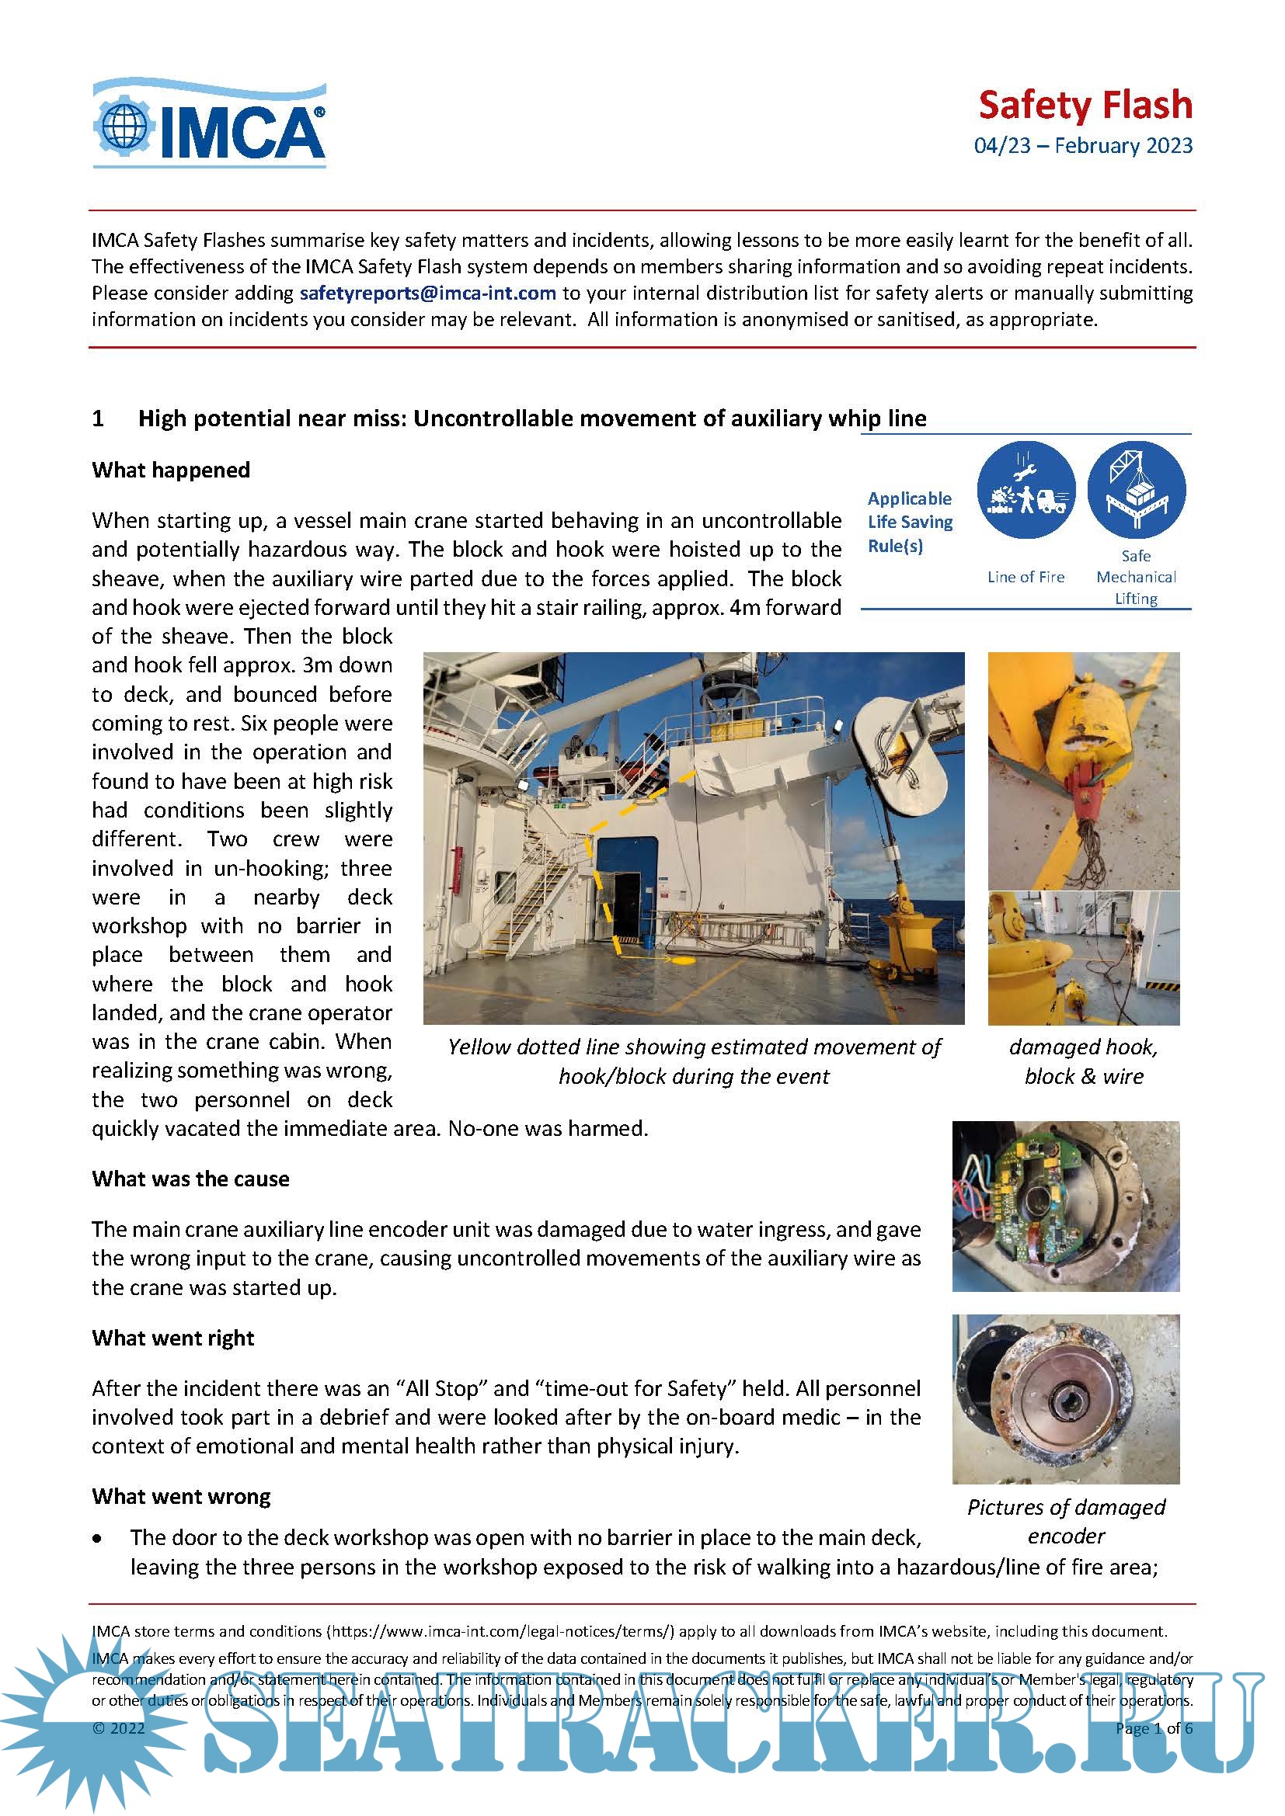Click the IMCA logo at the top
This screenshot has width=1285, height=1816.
tap(210, 124)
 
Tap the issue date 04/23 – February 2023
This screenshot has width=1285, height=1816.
tap(1082, 146)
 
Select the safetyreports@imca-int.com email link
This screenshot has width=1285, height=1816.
tap(427, 293)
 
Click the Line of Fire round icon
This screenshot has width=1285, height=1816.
tap(1026, 491)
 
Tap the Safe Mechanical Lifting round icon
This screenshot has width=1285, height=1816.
tap(1136, 491)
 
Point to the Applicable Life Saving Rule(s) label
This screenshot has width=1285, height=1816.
tap(909, 522)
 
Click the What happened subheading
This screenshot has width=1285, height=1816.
tap(171, 470)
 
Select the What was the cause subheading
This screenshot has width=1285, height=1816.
tap(190, 1179)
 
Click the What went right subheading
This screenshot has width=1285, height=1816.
tap(173, 1339)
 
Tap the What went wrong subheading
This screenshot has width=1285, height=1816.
tap(181, 1496)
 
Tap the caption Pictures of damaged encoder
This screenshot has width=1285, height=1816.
tap(1066, 1521)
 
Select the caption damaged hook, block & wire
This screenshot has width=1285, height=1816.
tap(1083, 1061)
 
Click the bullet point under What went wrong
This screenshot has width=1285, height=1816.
tap(97, 1538)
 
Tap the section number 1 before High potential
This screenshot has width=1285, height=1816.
tap(98, 418)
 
